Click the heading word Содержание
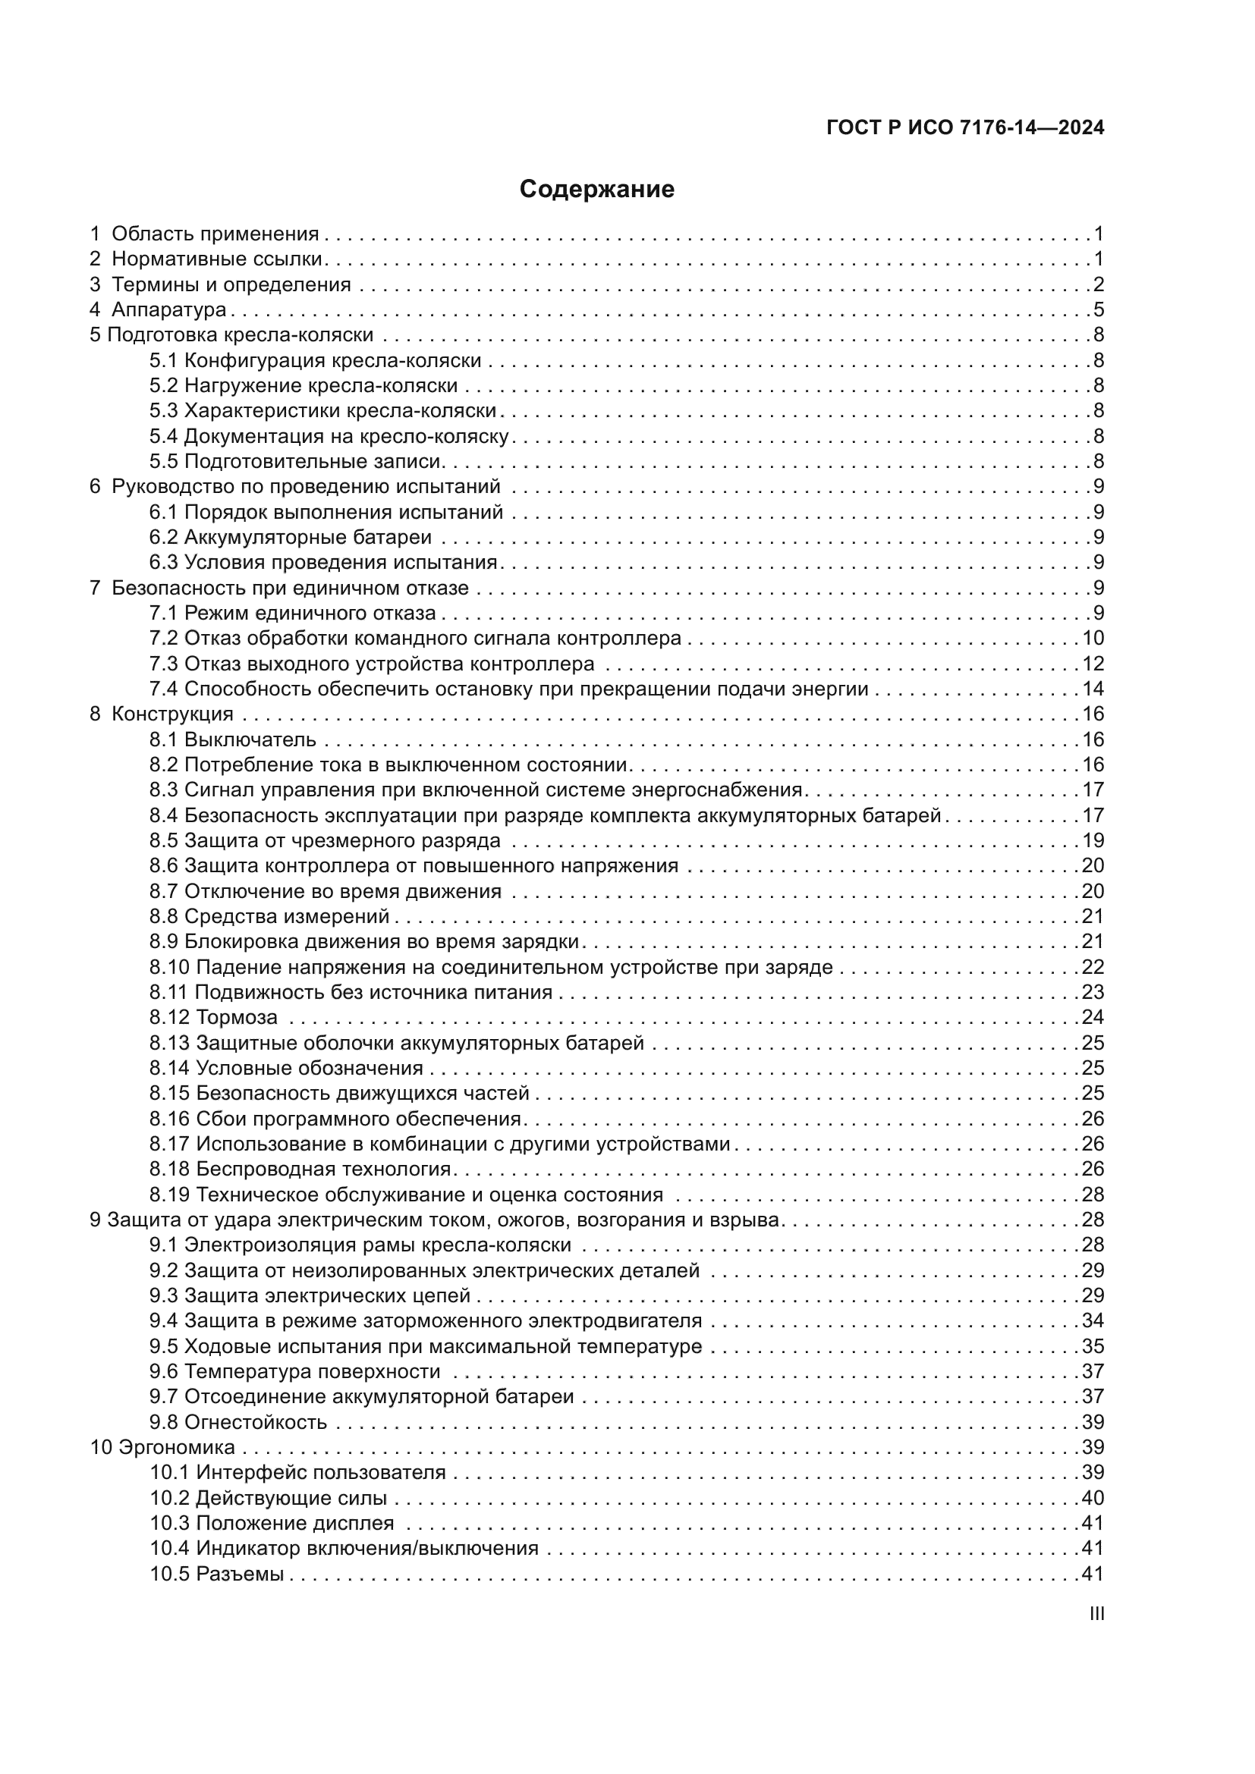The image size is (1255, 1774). click(596, 190)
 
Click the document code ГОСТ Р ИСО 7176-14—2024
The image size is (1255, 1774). click(964, 128)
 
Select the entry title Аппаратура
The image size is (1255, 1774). click(168, 310)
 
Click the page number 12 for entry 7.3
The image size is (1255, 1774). click(1093, 664)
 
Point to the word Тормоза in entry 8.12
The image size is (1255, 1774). click(237, 1018)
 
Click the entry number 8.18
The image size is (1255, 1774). click(169, 1169)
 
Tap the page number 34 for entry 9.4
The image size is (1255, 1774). click(1093, 1320)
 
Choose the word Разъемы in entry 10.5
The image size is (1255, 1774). click(240, 1574)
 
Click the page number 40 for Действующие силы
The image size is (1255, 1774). click(1093, 1498)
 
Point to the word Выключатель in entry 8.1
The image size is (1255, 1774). click(250, 739)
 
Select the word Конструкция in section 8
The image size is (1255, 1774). click(172, 714)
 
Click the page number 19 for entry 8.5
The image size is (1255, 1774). click(1093, 840)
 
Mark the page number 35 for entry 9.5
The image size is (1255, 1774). click(1093, 1346)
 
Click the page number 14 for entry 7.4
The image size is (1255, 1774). click(1093, 689)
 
